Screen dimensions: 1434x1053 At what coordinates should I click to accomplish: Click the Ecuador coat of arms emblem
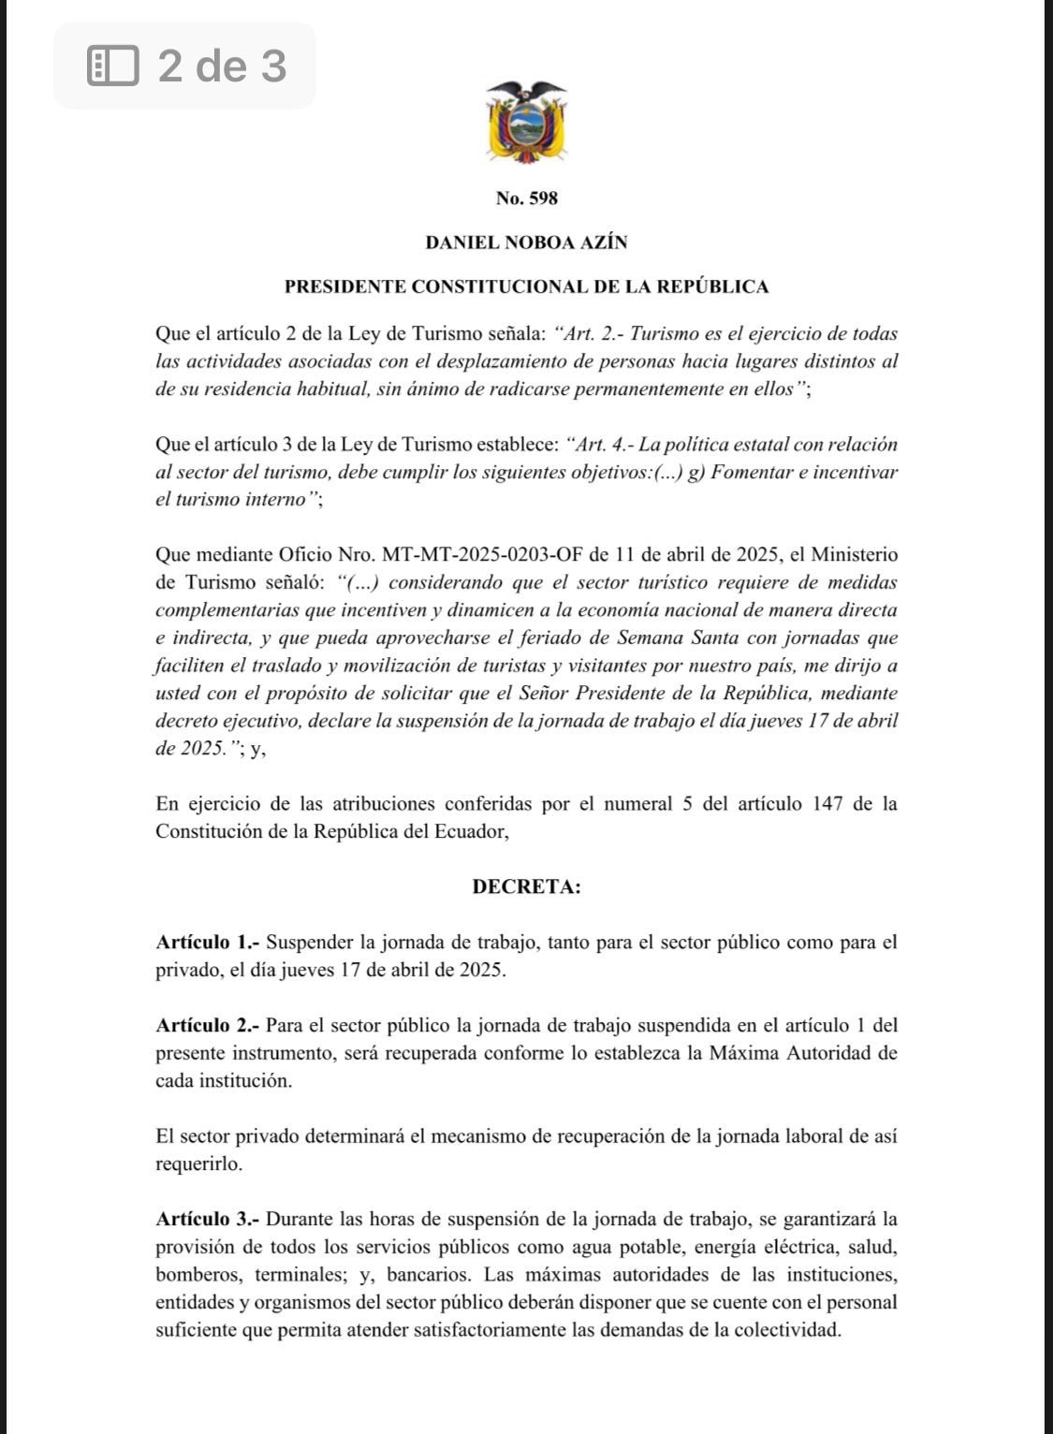526,122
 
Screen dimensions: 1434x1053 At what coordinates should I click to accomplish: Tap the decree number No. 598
526,198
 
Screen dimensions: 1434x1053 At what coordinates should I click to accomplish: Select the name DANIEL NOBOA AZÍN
526,242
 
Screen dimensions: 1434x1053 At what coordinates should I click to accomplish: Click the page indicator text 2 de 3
222,66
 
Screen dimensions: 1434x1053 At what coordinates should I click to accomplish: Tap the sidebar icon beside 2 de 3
112,66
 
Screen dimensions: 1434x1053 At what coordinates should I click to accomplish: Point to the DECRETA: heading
526,886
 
